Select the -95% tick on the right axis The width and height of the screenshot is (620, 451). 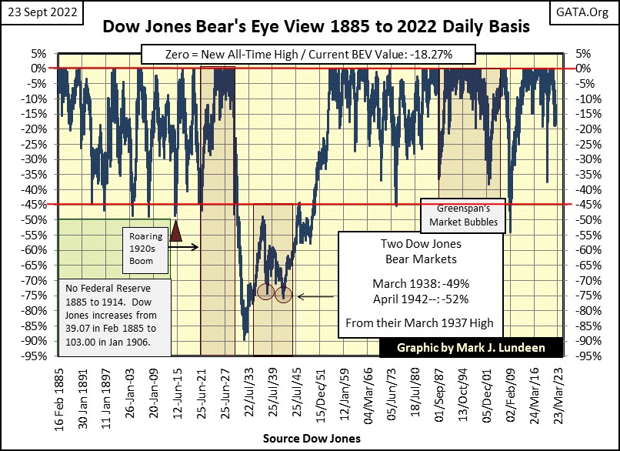pos(579,356)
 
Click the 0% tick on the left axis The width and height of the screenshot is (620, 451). pos(42,68)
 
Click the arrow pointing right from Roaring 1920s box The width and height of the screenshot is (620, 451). pos(188,247)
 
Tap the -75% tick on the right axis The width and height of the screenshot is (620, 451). pos(579,296)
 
